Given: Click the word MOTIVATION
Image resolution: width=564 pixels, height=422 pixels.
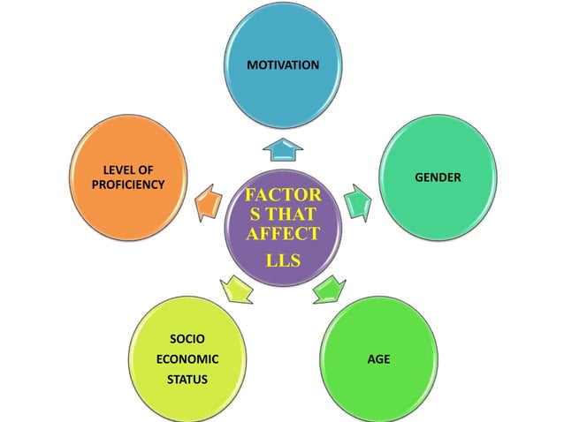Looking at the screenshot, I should pos(282,65).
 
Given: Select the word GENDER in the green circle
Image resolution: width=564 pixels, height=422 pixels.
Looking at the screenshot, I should pos(438,177).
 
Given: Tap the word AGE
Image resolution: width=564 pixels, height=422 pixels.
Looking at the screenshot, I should pos(379,359).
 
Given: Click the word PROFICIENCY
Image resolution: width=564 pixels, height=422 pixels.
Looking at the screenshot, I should pos(127,184).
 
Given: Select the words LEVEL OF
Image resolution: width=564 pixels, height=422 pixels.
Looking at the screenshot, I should pos(127,169).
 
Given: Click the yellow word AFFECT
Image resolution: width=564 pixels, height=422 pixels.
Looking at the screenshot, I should pos(283,233).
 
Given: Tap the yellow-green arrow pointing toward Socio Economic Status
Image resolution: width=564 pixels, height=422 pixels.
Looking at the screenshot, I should pos(236,287).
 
